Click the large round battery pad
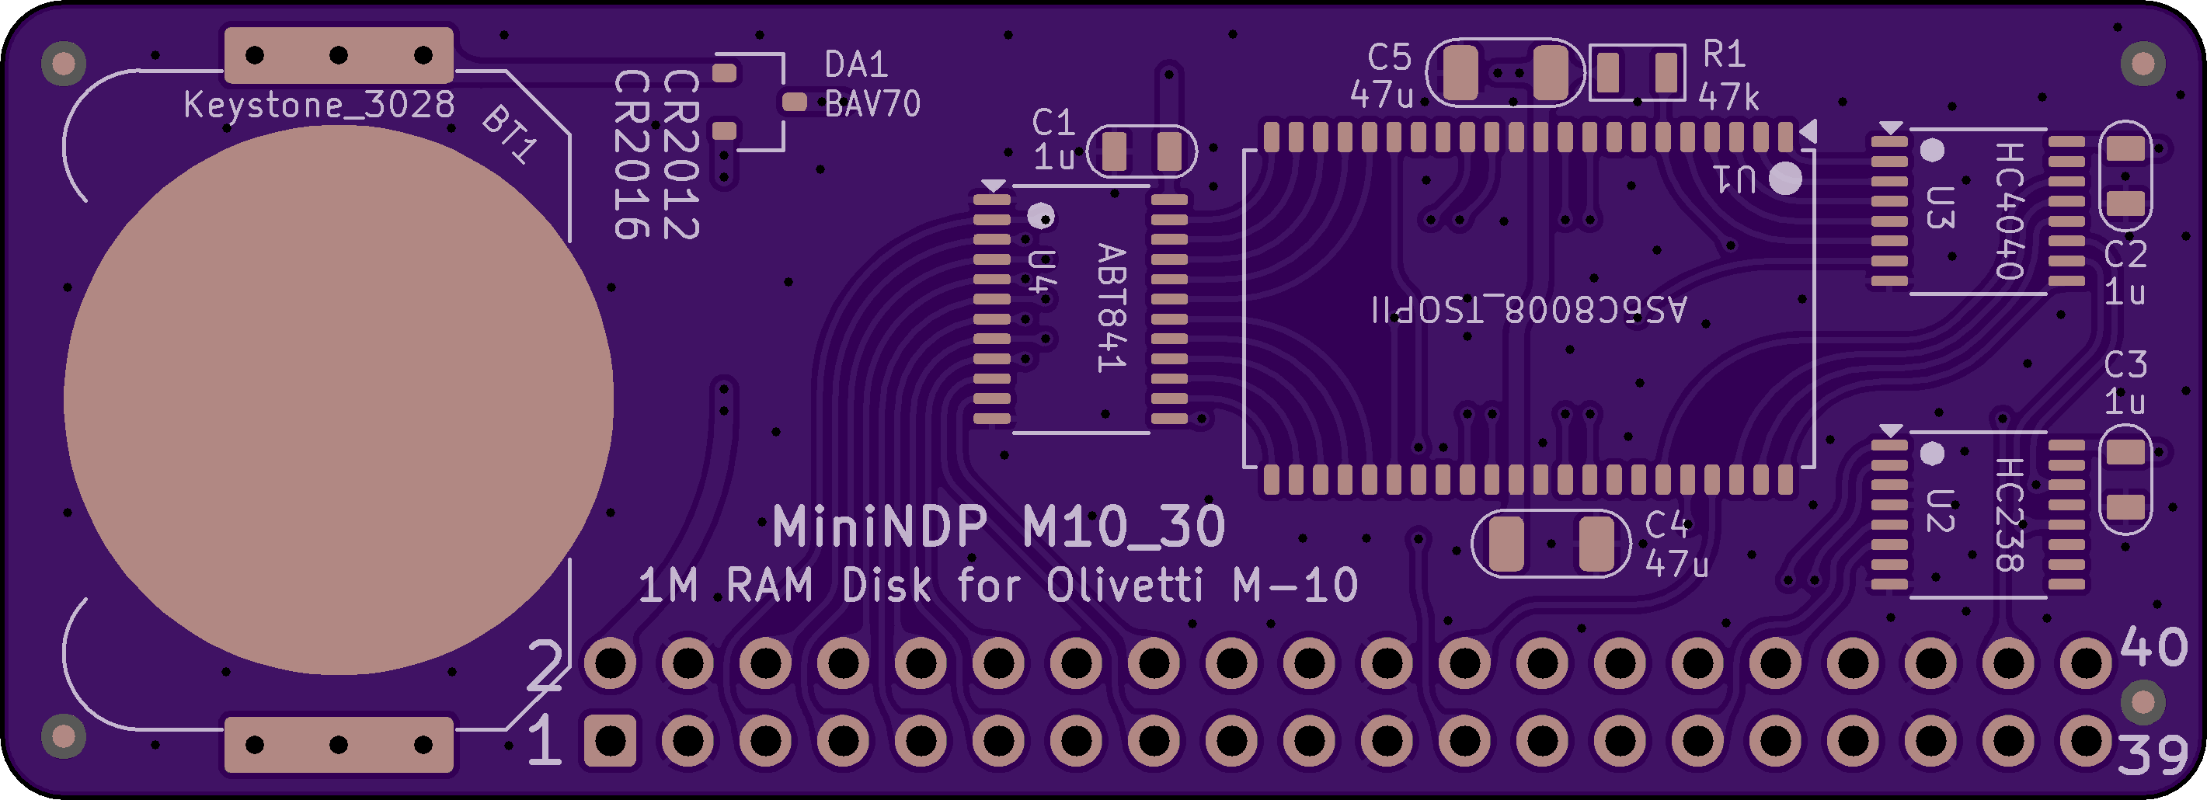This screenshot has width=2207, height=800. pos(339,400)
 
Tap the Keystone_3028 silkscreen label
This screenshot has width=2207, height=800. pos(319,106)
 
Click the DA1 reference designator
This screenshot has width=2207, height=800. pos(856,64)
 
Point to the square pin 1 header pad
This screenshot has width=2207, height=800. pos(610,740)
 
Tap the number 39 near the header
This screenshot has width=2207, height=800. pos(2151,755)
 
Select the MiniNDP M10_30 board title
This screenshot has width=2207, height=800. pos(999,526)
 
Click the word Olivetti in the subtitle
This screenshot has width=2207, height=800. pos(1125,586)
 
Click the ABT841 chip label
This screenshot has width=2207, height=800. pos(1111,308)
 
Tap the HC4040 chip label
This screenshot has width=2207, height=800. pos(2009,210)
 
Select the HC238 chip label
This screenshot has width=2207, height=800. pos(2009,514)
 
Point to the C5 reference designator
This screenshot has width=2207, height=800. pos(1389,57)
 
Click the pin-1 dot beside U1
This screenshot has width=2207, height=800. pos(1785,178)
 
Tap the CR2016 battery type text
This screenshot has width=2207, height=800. pos(632,155)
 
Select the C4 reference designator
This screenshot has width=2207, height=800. pos(1666,524)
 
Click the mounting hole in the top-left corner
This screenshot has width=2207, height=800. pos(64,64)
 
